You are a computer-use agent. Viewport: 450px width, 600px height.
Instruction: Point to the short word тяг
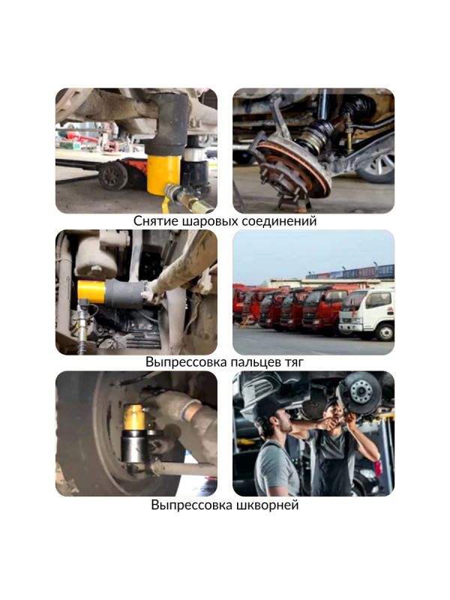coord(292,362)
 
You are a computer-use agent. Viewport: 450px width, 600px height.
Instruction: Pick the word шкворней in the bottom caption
coord(268,505)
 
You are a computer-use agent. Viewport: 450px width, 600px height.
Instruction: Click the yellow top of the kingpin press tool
coord(134,417)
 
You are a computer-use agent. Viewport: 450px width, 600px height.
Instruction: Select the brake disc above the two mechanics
coord(357,394)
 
